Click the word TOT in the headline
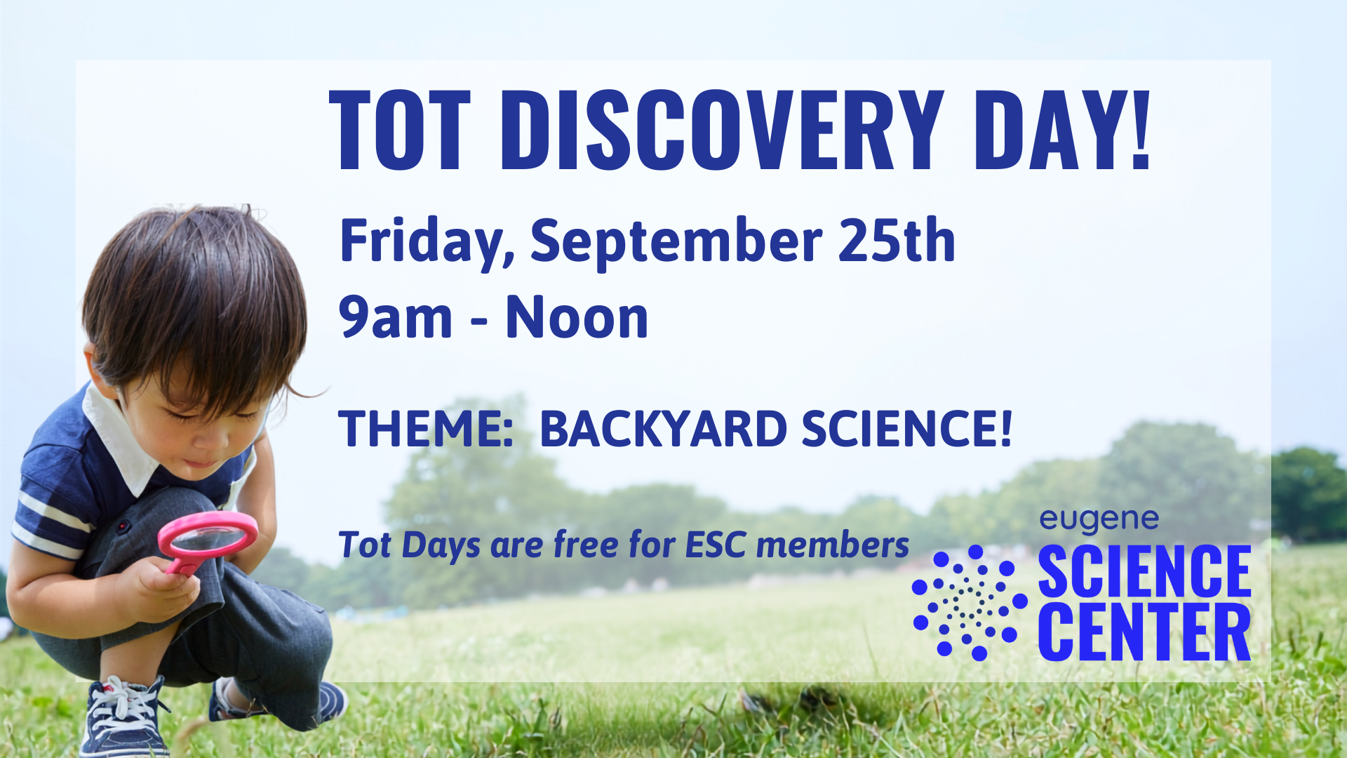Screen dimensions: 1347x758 click(x=400, y=131)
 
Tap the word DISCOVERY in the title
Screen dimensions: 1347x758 click(x=722, y=131)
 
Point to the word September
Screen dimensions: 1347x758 click(x=676, y=242)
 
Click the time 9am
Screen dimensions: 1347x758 click(x=396, y=318)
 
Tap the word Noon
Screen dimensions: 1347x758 click(x=577, y=317)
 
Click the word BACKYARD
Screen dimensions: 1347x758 click(x=663, y=429)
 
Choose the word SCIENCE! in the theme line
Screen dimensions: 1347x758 click(x=906, y=429)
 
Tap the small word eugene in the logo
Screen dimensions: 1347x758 click(x=1099, y=521)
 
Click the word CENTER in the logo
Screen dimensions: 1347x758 click(x=1144, y=633)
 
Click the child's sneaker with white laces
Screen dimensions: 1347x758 click(x=125, y=716)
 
